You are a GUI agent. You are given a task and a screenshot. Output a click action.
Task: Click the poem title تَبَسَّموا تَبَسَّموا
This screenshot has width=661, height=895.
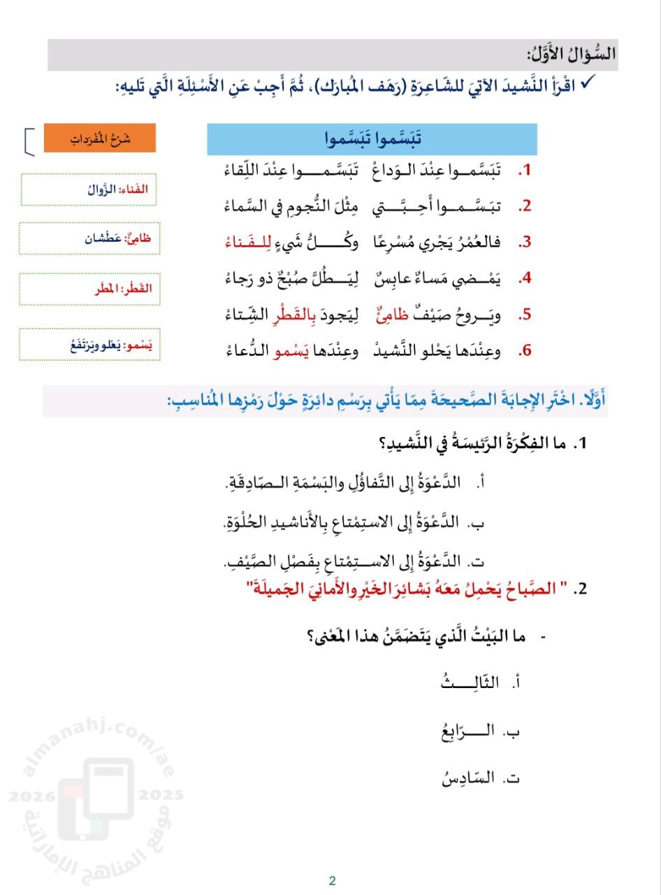tap(372, 139)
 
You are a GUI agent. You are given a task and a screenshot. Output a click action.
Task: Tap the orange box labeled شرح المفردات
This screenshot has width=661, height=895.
tap(100, 138)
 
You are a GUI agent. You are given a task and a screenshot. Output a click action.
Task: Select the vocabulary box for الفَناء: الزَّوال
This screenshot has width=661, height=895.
tap(90, 189)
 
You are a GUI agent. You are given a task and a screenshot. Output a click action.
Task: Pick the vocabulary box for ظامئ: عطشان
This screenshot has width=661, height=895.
tap(90, 238)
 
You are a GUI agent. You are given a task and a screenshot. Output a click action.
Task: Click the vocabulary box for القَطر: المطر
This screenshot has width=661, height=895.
tap(90, 288)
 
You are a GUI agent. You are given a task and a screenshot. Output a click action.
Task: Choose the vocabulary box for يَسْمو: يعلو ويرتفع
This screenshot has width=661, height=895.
tap(90, 345)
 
